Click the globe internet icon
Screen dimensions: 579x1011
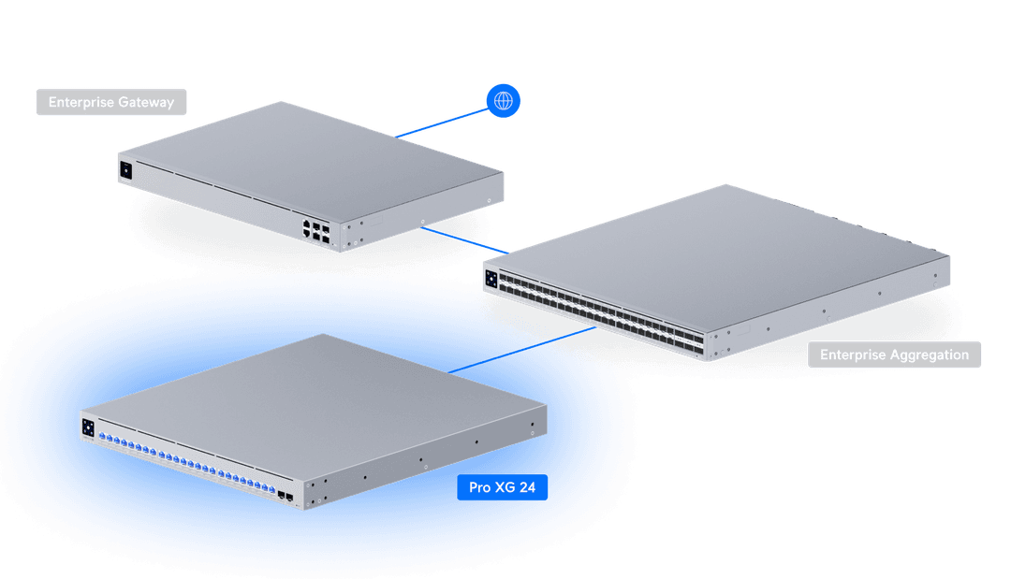click(504, 100)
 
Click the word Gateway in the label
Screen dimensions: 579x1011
click(146, 102)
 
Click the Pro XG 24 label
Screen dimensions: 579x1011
click(502, 487)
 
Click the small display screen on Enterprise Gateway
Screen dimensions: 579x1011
click(125, 169)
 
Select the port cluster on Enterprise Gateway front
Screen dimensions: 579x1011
click(315, 231)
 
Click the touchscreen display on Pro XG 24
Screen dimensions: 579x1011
click(89, 427)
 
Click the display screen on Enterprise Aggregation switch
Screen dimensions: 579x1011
click(491, 277)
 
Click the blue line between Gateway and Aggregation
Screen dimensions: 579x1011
click(468, 240)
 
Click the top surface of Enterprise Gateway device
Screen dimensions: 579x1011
click(309, 154)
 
